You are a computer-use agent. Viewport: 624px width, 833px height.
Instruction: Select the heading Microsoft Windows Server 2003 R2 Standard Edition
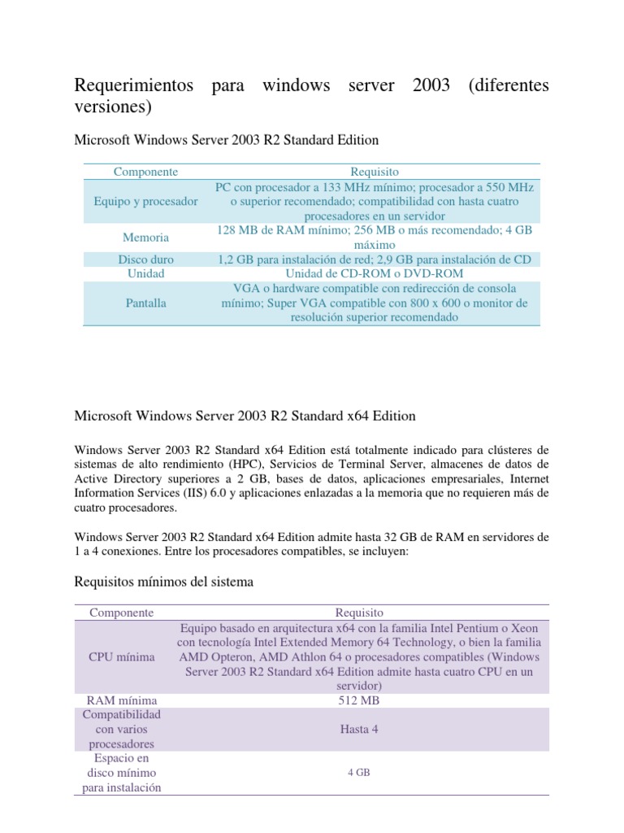(x=227, y=140)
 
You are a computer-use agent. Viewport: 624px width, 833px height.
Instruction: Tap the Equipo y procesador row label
(x=145, y=201)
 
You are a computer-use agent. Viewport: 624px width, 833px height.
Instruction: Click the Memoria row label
(x=145, y=238)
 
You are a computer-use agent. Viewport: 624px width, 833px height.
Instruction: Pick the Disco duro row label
(x=145, y=259)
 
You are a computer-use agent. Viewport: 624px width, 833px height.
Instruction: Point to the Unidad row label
(x=145, y=273)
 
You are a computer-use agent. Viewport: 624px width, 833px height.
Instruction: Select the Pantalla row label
(x=145, y=303)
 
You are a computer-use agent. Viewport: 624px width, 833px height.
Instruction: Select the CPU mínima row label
(x=122, y=656)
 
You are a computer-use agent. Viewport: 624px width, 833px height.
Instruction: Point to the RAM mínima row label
(x=122, y=700)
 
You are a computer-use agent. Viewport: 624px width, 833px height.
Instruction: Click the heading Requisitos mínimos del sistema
(x=164, y=582)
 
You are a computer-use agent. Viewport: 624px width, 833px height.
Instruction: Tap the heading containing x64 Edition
(x=245, y=416)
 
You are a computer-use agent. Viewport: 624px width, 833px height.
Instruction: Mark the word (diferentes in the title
(x=509, y=85)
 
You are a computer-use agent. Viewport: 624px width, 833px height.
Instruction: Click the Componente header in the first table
(x=145, y=172)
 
